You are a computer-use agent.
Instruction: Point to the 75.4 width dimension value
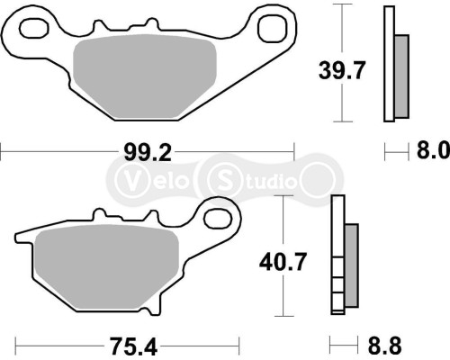click(x=127, y=344)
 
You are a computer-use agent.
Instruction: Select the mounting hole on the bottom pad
click(x=217, y=217)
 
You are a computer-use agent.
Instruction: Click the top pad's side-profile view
click(x=394, y=63)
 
